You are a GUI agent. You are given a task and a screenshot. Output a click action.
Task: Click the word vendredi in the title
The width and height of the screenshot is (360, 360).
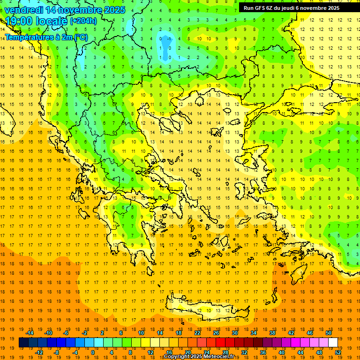pos(23,10)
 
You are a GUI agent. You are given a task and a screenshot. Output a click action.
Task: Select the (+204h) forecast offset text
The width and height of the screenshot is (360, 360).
pos(83,21)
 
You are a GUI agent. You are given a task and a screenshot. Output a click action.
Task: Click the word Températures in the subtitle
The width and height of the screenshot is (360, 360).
pos(29,37)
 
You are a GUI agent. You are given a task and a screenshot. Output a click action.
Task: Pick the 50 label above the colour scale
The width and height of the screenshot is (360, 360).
pos(329,333)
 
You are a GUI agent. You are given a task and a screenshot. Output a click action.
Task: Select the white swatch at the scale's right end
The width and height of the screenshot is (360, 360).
pos(333,343)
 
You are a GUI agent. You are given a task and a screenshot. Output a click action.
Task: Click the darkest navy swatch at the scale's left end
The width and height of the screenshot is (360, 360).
pos(23,343)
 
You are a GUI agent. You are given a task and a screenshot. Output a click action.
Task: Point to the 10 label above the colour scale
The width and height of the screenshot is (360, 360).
pos(141,333)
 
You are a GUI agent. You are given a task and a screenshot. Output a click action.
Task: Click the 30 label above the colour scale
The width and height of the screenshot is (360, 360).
pos(234,333)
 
